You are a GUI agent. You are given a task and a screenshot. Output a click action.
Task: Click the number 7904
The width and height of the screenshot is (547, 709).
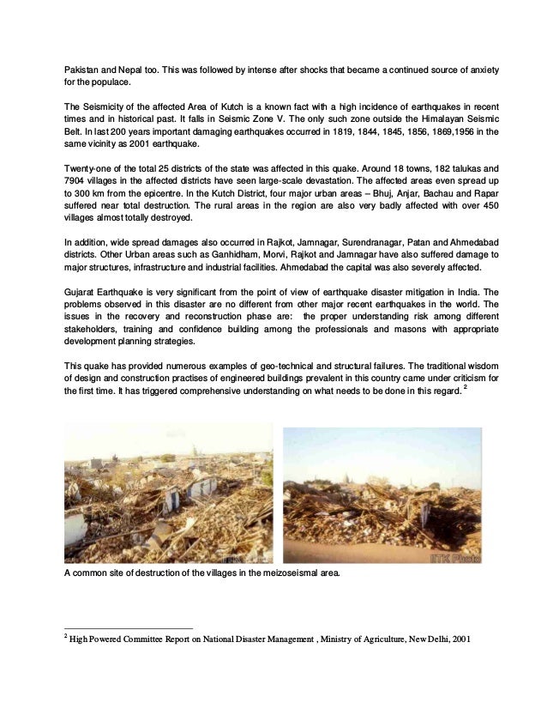(78, 183)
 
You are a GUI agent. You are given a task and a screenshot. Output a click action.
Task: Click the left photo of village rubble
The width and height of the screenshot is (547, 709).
(169, 494)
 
